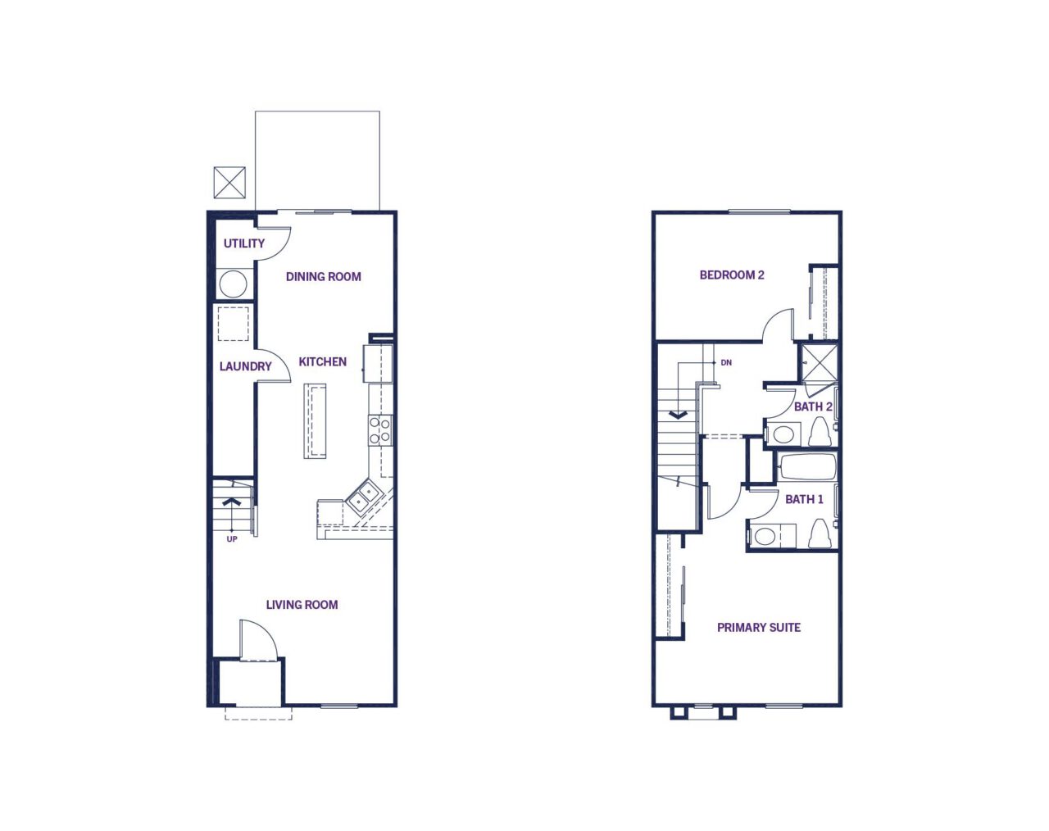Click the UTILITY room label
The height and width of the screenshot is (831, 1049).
pyautogui.click(x=243, y=243)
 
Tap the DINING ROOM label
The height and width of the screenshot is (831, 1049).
pyautogui.click(x=323, y=277)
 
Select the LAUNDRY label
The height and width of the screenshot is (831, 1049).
pyautogui.click(x=245, y=366)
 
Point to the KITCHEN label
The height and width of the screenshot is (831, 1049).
pyautogui.click(x=322, y=361)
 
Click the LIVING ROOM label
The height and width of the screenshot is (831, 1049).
pyautogui.click(x=302, y=605)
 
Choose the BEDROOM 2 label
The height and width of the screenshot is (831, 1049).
pyautogui.click(x=732, y=275)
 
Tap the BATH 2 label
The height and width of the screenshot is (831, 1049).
pyautogui.click(x=813, y=406)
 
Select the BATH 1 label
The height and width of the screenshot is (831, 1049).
pyautogui.click(x=804, y=499)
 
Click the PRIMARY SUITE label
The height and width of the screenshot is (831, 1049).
pyautogui.click(x=759, y=627)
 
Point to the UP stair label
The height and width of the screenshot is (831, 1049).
pyautogui.click(x=232, y=539)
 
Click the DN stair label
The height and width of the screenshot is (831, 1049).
pyautogui.click(x=726, y=362)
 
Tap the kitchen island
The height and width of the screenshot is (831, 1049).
pyautogui.click(x=315, y=421)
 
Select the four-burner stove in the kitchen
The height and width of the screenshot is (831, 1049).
pyautogui.click(x=380, y=430)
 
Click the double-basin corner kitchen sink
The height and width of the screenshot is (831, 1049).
pyautogui.click(x=363, y=496)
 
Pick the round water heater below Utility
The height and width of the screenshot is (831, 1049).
pyautogui.click(x=233, y=284)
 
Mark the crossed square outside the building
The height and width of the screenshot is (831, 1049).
pyautogui.click(x=229, y=183)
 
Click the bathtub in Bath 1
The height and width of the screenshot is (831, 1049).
pyautogui.click(x=806, y=467)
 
